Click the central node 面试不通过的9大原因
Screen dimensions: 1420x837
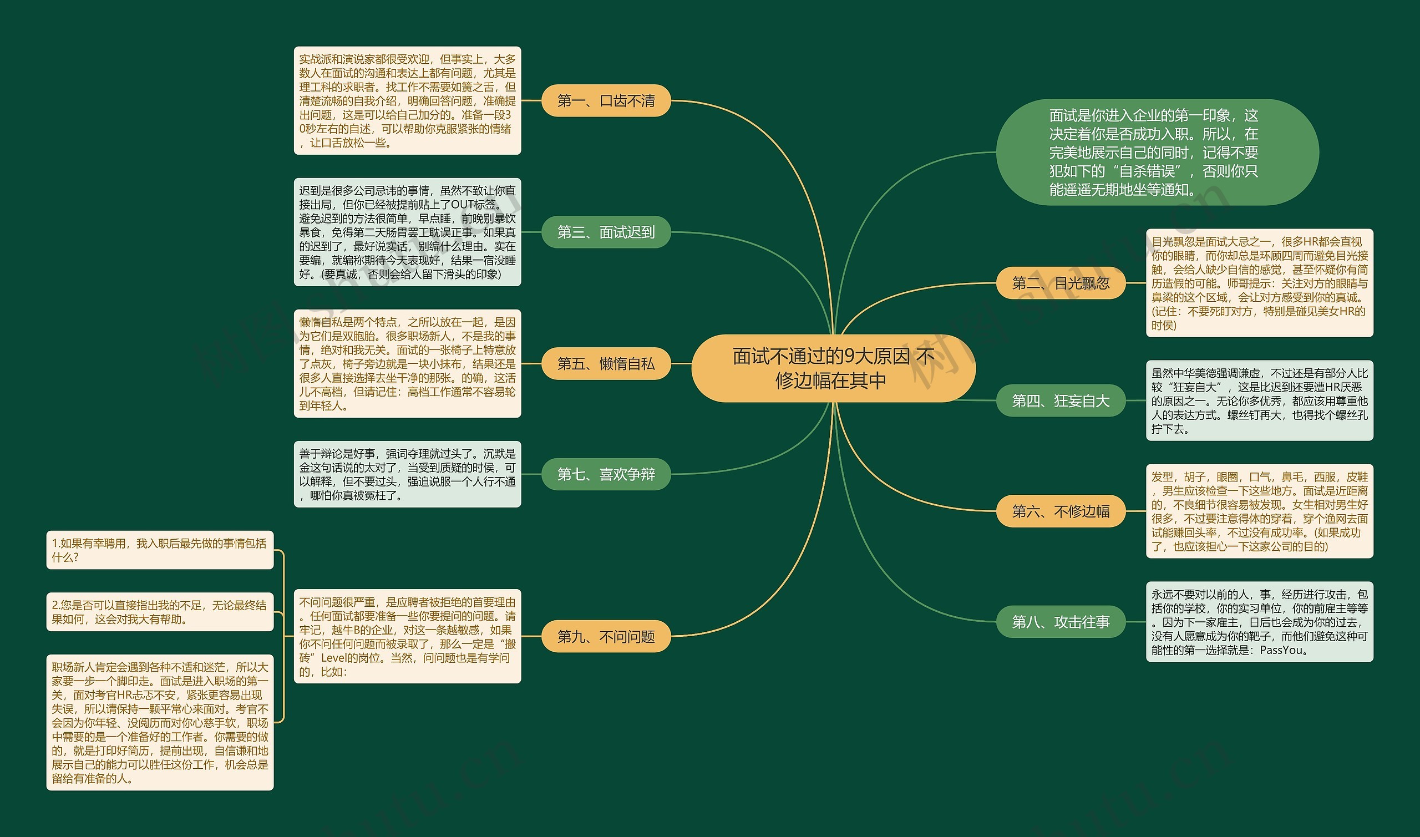point(833,368)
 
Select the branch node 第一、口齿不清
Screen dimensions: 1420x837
point(606,101)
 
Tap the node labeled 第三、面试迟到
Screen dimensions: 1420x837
point(606,232)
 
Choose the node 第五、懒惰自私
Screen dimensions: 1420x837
point(606,364)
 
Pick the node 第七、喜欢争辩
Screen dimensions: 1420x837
point(606,474)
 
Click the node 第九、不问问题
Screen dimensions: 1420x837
point(606,637)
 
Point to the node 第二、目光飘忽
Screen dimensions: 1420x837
point(1060,283)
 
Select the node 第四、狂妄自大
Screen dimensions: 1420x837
point(1060,401)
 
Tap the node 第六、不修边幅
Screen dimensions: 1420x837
point(1060,511)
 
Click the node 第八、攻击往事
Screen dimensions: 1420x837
point(1060,622)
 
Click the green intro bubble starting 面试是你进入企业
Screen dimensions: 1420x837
point(1157,153)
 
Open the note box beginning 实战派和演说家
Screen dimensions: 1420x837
point(407,101)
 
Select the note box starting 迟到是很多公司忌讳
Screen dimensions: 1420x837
point(407,232)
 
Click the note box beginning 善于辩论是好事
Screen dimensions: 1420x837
point(407,474)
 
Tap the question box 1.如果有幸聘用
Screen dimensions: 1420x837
point(160,550)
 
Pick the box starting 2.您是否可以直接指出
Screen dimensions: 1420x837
point(160,612)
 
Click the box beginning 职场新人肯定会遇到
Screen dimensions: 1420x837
point(160,723)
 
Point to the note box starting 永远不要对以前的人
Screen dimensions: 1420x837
point(1259,622)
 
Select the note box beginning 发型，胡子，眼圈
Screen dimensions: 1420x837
point(1259,511)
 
